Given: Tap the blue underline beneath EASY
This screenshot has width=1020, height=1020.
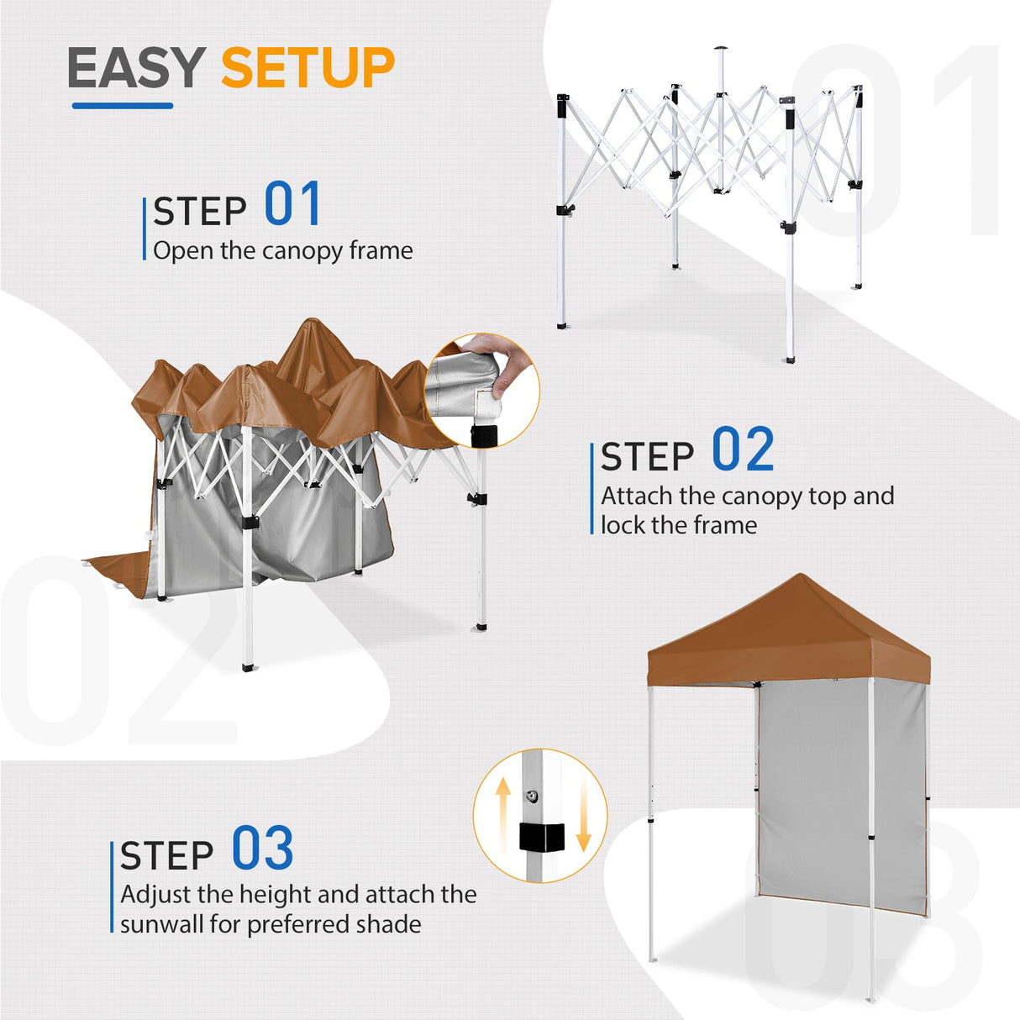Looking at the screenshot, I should tap(123, 106).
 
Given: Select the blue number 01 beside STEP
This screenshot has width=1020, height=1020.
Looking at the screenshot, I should tap(292, 204).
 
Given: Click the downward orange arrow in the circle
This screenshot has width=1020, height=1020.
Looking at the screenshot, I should tap(583, 822).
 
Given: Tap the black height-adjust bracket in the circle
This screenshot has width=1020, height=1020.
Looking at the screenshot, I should tap(540, 837).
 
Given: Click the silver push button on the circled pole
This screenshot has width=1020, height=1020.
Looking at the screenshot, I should tap(533, 796).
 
